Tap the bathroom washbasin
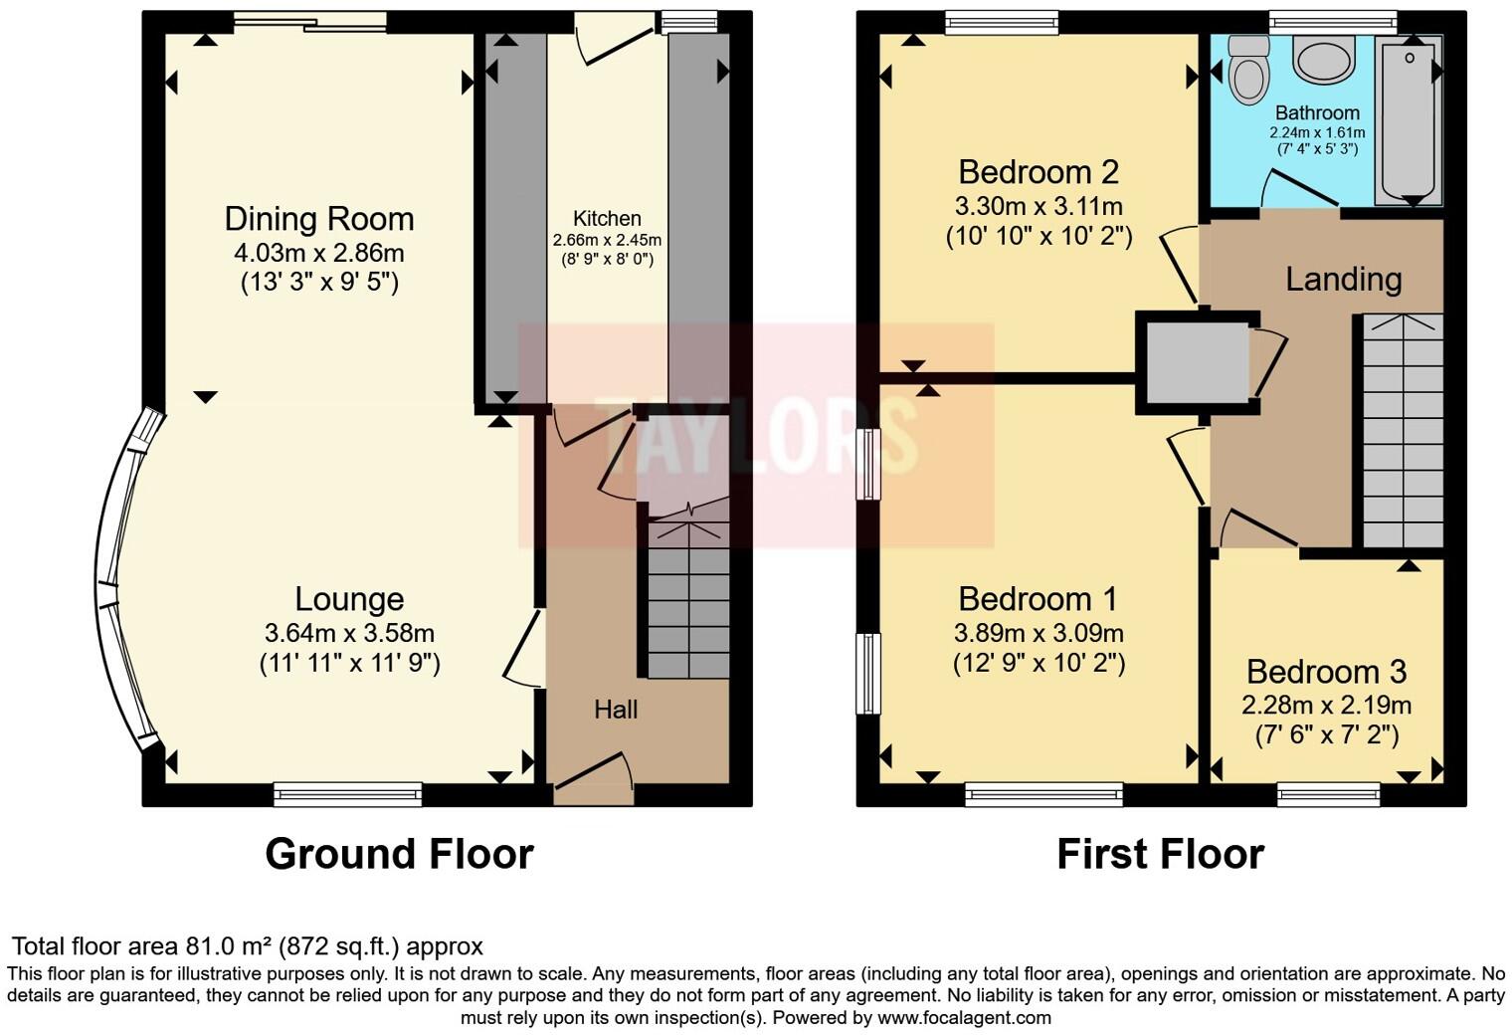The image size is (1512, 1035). click(x=1323, y=60)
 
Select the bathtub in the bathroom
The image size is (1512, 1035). click(x=1407, y=119)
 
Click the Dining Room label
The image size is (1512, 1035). click(x=318, y=219)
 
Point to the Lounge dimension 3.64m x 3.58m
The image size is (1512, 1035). click(x=349, y=633)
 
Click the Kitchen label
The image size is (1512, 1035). click(x=607, y=218)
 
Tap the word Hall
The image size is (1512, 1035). click(x=616, y=710)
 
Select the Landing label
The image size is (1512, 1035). click(x=1343, y=279)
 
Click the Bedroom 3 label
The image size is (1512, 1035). click(x=1326, y=672)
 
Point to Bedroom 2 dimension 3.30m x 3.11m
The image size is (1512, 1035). click(x=1039, y=207)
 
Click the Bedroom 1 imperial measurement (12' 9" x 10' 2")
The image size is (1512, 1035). click(x=1039, y=663)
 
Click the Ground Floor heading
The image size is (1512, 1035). click(x=399, y=854)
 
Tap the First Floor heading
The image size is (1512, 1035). click(x=1160, y=854)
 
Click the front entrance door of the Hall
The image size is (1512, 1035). click(x=594, y=778)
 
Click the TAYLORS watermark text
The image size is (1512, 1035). click(x=756, y=435)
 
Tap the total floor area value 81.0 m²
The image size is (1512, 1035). click(x=230, y=946)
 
